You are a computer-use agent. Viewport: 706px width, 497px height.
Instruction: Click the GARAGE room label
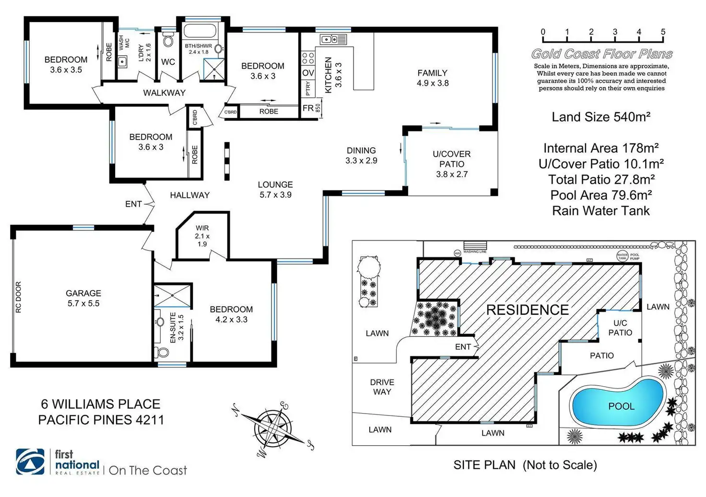tap(83, 297)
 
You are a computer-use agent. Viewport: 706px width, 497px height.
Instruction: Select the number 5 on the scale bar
tap(663, 32)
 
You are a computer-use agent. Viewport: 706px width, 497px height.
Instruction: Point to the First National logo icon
tap(30, 461)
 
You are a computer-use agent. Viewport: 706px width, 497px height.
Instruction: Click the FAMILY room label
tap(432, 78)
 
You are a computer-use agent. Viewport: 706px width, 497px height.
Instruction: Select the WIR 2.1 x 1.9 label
tap(202, 236)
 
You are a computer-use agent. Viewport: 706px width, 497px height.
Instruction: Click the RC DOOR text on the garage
tap(18, 297)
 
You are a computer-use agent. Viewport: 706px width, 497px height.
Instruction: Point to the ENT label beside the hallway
tap(133, 204)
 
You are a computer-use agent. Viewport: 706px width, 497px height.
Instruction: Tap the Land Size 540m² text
tap(601, 117)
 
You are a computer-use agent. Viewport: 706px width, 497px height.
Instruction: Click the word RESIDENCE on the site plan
tap(528, 309)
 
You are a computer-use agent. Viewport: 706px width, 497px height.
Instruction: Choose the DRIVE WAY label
tap(382, 387)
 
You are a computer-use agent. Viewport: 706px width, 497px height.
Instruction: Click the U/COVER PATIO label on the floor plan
tap(451, 164)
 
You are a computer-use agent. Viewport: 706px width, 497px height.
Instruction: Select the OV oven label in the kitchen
tap(308, 73)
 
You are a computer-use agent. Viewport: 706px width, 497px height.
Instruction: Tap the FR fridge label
tap(308, 108)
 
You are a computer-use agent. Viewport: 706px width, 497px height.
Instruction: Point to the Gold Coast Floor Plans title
tap(601, 54)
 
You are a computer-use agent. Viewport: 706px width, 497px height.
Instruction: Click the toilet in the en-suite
tap(162, 352)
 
